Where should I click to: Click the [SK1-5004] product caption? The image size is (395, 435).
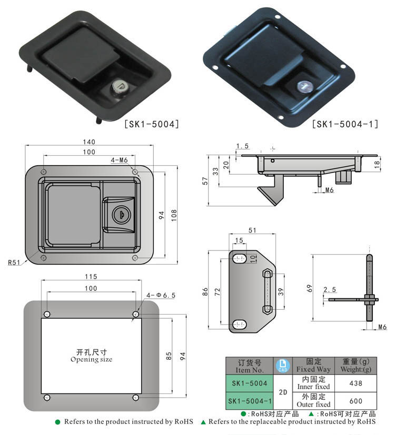click(x=152, y=124)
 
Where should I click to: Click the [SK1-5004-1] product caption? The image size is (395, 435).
click(x=345, y=124)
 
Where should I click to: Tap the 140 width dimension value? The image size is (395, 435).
click(x=88, y=142)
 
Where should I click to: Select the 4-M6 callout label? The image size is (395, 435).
click(x=119, y=159)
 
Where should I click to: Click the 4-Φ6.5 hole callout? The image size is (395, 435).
click(x=161, y=295)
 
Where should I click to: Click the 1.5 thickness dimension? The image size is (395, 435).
click(x=242, y=146)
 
